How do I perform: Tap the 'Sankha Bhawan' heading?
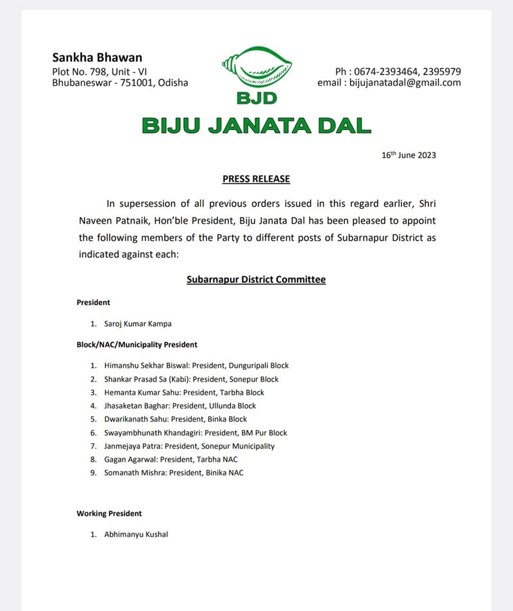click(x=97, y=57)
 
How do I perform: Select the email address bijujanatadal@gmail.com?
click(x=405, y=83)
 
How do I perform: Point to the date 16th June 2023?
click(x=408, y=155)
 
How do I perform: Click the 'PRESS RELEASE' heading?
click(x=256, y=179)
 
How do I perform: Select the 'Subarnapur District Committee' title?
click(x=256, y=280)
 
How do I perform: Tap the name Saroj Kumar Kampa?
click(x=138, y=324)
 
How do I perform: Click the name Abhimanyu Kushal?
click(x=136, y=534)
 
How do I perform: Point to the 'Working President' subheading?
click(x=109, y=514)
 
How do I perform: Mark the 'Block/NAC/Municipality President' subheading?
click(x=137, y=345)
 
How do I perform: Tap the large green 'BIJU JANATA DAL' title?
click(x=256, y=125)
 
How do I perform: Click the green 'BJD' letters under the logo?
click(x=256, y=100)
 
